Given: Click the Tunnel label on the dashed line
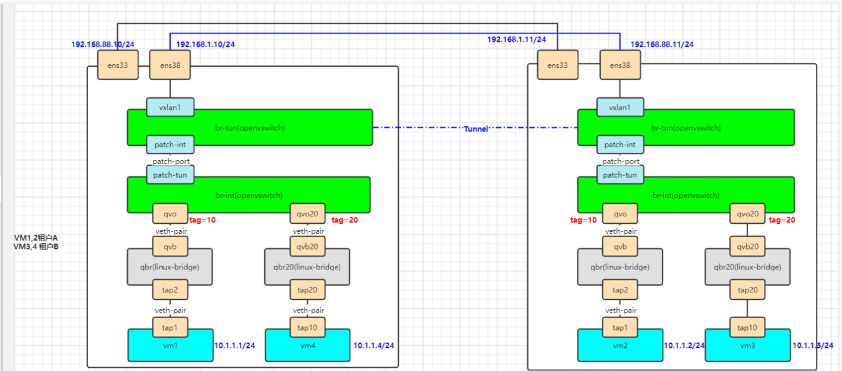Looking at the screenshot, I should coord(476,128).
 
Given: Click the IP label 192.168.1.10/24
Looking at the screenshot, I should coord(206,44).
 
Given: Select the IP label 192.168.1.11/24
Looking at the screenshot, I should coord(517,39).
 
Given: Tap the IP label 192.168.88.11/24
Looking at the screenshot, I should coord(662,44).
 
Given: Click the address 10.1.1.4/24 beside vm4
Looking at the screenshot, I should coord(374,345).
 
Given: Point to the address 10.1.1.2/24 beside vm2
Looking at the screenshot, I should coord(684,345).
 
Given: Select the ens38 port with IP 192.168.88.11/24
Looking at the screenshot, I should coord(620,65).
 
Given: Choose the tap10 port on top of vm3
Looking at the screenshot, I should coord(747,327).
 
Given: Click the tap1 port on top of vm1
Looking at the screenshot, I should coord(170,327).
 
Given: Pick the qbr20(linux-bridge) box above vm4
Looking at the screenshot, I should coord(307,267).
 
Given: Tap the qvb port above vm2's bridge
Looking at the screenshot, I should coord(620,246).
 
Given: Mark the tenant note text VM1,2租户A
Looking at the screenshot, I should coord(36,238).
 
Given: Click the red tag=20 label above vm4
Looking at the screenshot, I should coord(345,219).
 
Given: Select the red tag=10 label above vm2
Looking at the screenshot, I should coord(583,219).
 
